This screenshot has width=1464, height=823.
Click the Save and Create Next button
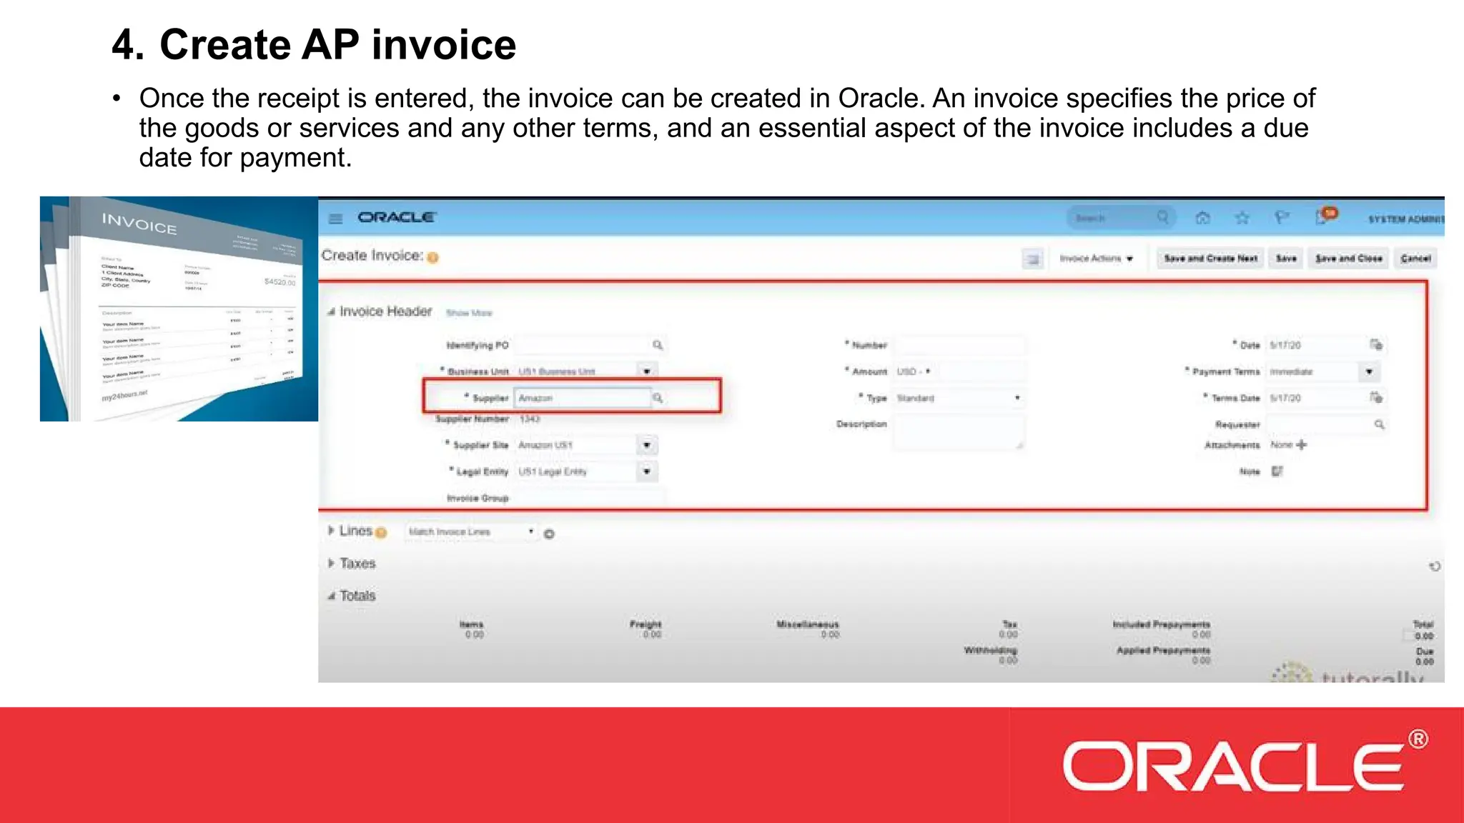(x=1210, y=258)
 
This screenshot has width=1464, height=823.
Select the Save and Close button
(x=1348, y=258)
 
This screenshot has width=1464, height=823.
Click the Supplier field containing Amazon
(x=582, y=398)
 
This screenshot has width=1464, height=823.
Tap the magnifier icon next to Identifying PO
(x=658, y=345)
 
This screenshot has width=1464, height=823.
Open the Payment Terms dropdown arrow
(x=1368, y=371)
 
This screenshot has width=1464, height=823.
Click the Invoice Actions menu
(x=1096, y=258)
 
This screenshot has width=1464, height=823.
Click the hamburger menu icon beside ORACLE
(x=335, y=218)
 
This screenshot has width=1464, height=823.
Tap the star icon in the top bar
(x=1242, y=218)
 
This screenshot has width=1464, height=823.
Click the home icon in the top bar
(x=1202, y=218)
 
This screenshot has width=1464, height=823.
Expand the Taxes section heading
(x=357, y=564)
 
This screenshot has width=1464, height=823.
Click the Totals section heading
(x=357, y=596)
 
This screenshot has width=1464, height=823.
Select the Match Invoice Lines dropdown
(x=470, y=532)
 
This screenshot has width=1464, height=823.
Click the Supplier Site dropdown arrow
(x=646, y=445)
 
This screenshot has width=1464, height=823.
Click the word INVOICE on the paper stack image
(x=139, y=224)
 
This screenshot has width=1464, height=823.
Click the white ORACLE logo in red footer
(x=1233, y=767)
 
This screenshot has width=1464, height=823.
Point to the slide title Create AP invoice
(x=314, y=44)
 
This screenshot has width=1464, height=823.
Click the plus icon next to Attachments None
(x=1301, y=444)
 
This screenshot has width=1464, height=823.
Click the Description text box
(x=958, y=432)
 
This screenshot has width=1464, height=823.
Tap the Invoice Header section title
(x=385, y=311)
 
